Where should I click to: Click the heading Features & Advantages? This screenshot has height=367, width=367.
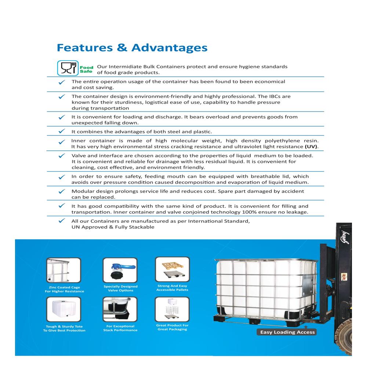132,48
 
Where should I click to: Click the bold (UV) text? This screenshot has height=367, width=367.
311,147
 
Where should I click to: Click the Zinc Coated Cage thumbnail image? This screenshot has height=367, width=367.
64,270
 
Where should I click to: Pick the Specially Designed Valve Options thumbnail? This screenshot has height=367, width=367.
120,270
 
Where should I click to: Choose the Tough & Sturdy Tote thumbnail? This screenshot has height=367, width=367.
64,309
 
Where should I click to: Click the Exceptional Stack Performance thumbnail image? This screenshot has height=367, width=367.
120,309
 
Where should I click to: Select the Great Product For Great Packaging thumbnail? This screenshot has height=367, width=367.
172,309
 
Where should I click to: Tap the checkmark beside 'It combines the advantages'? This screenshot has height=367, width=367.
62,131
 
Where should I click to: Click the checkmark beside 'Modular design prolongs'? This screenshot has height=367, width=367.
62,191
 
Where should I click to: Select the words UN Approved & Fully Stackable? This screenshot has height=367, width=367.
113,227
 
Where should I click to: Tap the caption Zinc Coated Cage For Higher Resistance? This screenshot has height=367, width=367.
64,289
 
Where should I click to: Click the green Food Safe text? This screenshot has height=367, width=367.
87,69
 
